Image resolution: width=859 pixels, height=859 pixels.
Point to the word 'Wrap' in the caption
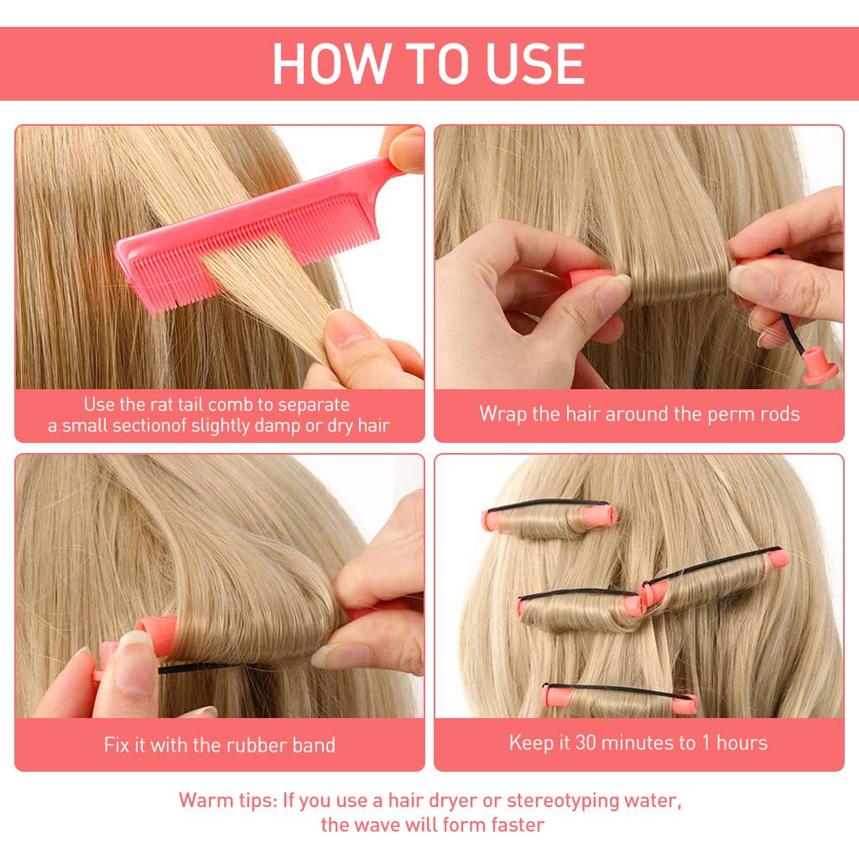coord(502,414)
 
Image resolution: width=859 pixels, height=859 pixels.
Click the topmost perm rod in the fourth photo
coord(550,517)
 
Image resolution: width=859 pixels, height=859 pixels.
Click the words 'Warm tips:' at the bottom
coord(226,800)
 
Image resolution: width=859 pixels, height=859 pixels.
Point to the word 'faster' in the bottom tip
coord(514,824)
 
